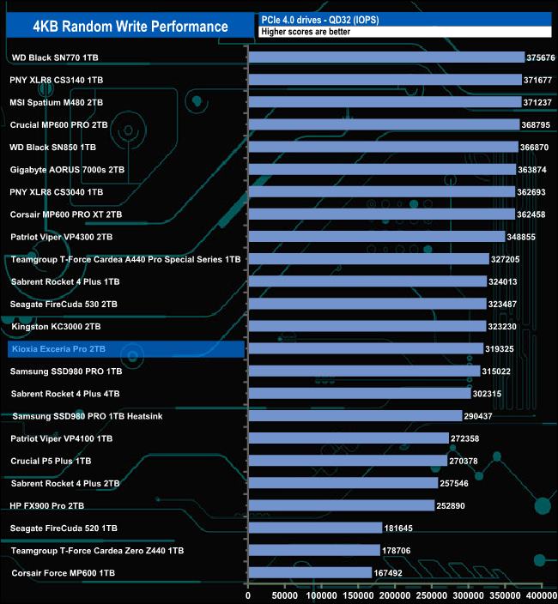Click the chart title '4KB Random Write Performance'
(x=130, y=27)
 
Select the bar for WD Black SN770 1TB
(x=386, y=57)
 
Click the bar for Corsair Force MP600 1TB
(x=310, y=573)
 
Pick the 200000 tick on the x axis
(x=395, y=595)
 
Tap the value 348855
(x=525, y=237)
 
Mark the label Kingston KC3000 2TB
(x=56, y=327)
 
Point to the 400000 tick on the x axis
(x=541, y=595)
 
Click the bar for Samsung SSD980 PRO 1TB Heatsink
(x=355, y=416)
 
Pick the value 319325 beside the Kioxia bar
(x=503, y=349)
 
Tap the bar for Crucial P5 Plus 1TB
(x=348, y=461)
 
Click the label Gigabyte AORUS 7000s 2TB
(x=68, y=170)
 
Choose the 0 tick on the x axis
(x=248, y=595)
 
